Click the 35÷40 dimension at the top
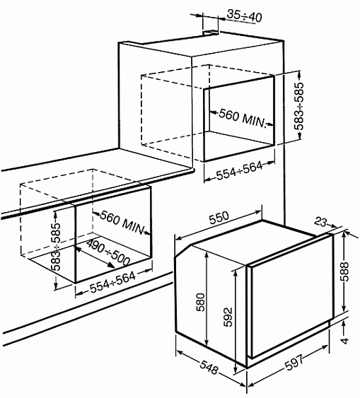(x=244, y=16)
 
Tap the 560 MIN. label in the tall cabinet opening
(x=242, y=118)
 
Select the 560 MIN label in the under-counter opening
(x=122, y=222)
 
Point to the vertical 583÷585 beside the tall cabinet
(x=300, y=106)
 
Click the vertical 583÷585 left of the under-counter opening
(x=56, y=247)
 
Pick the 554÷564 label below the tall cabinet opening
(x=239, y=170)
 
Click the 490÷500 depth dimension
(x=108, y=252)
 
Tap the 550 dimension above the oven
(x=219, y=218)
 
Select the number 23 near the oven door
(x=320, y=222)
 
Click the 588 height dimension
(x=344, y=271)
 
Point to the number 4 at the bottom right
(x=344, y=340)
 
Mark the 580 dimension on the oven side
(x=201, y=302)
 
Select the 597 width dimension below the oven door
(x=294, y=363)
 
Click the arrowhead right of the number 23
(x=334, y=226)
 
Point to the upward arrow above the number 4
(x=344, y=327)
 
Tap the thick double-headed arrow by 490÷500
(x=95, y=257)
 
